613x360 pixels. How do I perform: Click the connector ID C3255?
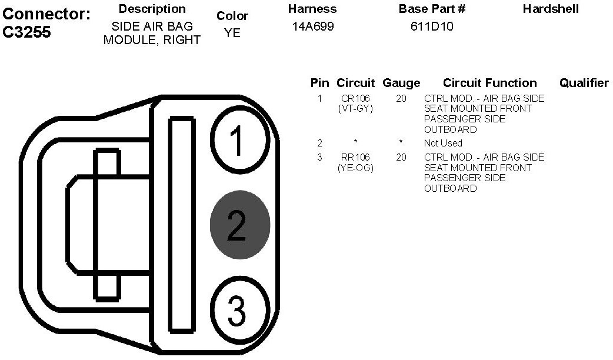[x=27, y=32]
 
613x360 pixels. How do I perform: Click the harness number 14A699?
[x=313, y=26]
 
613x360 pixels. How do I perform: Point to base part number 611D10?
[x=432, y=26]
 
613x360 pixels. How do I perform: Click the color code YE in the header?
[x=232, y=33]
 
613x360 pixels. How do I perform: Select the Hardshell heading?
[x=551, y=9]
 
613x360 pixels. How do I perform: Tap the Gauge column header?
[x=401, y=83]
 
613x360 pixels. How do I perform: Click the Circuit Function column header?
[x=489, y=83]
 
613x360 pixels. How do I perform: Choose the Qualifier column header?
[x=584, y=83]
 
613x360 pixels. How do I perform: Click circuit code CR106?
[x=355, y=98]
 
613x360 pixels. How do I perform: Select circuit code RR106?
[x=355, y=157]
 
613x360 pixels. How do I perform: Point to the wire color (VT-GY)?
[x=355, y=108]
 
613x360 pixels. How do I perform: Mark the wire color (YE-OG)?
[x=355, y=168]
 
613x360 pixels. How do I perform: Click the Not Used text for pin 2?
[x=443, y=143]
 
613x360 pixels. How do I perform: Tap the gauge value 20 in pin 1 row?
[x=401, y=98]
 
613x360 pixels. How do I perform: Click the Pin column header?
[x=319, y=83]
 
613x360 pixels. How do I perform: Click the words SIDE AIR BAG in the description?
[x=152, y=26]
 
